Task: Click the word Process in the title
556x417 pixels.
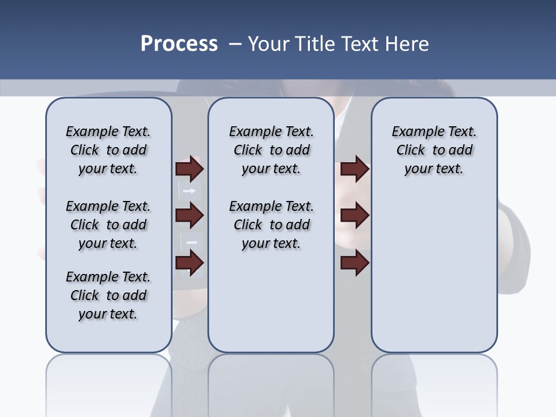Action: coord(179,43)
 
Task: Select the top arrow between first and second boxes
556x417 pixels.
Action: coord(189,169)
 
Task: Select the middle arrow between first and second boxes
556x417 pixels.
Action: coord(189,216)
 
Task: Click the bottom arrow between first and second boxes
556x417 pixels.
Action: coord(189,263)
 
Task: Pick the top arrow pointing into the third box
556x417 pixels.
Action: coord(354,169)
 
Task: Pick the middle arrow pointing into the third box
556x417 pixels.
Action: coord(354,216)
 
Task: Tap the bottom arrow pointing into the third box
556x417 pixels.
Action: coord(354,263)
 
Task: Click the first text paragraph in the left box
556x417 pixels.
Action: coord(108,150)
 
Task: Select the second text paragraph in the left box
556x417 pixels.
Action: coord(108,225)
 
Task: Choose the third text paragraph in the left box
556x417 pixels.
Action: coord(108,295)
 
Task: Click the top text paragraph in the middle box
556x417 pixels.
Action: coord(271,150)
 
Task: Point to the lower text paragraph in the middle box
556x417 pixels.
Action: coord(271,225)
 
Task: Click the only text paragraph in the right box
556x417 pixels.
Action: coord(434,150)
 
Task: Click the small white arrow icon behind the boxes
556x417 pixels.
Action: coord(191,190)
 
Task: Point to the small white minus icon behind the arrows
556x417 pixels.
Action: coord(192,242)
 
